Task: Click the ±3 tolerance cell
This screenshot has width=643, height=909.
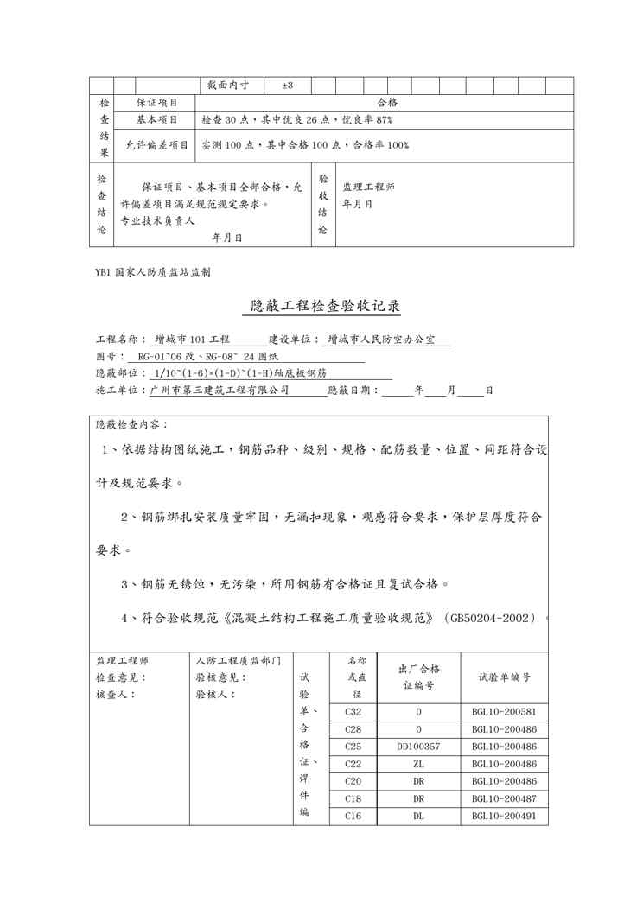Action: (288, 86)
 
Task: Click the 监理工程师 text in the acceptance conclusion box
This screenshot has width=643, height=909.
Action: (368, 187)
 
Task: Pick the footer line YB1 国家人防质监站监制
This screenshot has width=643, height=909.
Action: (154, 271)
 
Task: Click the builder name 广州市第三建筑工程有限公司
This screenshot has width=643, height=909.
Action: (219, 391)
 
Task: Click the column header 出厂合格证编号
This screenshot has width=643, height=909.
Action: (419, 677)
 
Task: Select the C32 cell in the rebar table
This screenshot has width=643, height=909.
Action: (353, 712)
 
